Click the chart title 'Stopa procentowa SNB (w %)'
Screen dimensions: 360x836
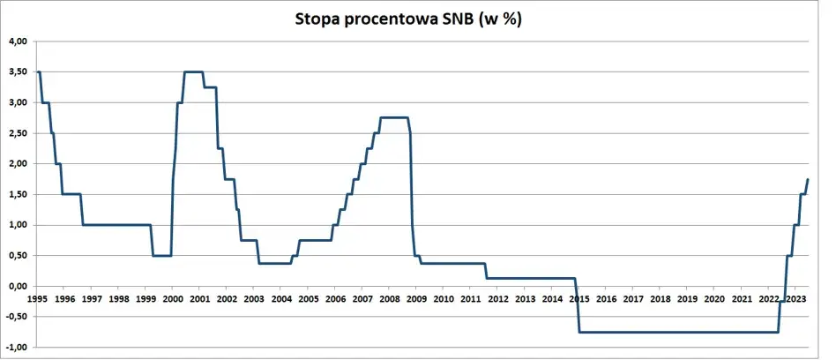(x=408, y=19)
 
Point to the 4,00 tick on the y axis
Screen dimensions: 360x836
(x=18, y=41)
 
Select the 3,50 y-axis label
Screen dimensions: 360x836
(x=18, y=72)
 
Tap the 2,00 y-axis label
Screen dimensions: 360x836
(x=18, y=164)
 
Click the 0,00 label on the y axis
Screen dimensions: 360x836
(x=18, y=286)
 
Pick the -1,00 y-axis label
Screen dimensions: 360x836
(x=17, y=348)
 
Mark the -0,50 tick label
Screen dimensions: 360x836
(x=17, y=317)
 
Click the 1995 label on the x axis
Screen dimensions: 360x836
(x=37, y=299)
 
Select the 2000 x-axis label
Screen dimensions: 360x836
(x=172, y=299)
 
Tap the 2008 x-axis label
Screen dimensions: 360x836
(x=389, y=299)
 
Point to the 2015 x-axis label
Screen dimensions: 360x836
(x=578, y=299)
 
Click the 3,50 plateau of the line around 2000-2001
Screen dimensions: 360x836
(x=193, y=72)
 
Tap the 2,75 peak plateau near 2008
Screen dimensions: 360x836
(x=393, y=118)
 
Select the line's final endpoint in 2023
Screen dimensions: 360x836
(x=808, y=180)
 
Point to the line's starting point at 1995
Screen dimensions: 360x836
(x=38, y=72)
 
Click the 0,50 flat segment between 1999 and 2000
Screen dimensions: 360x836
(x=161, y=256)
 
